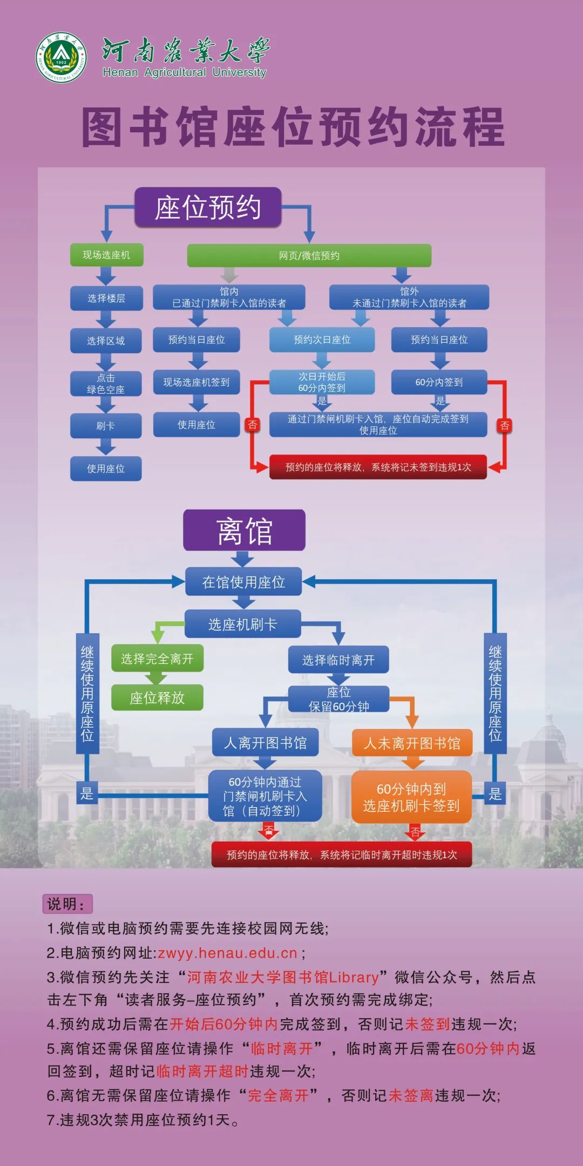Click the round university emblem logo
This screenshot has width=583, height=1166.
[61, 58]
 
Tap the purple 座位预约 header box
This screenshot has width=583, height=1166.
[208, 207]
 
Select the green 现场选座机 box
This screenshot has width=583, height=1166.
[106, 255]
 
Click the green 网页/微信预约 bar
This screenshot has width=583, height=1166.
[309, 255]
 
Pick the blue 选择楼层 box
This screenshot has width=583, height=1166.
[106, 298]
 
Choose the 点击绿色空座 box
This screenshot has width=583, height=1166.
[106, 383]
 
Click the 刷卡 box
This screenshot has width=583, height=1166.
[106, 426]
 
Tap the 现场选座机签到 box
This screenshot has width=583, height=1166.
[196, 382]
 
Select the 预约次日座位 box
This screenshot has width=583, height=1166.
[322, 340]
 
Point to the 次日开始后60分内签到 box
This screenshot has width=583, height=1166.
[322, 382]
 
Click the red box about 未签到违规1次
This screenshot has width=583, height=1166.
[378, 467]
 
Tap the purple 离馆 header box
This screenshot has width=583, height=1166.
[244, 531]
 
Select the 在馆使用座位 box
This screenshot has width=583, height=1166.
[243, 582]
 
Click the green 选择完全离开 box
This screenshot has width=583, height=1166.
[157, 659]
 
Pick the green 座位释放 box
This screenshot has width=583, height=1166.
[157, 698]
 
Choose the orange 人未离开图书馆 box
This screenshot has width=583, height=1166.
[412, 743]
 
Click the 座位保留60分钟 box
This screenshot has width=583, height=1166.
[338, 699]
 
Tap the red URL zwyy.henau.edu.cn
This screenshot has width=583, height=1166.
[227, 953]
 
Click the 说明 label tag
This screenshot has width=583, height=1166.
[67, 904]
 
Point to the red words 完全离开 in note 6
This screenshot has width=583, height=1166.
[278, 1095]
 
